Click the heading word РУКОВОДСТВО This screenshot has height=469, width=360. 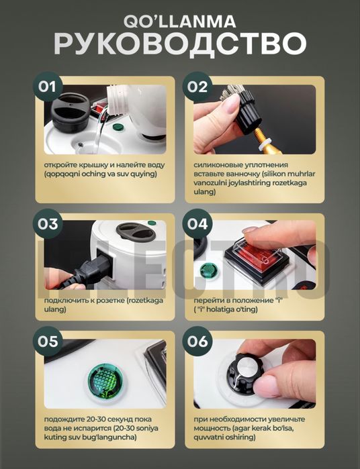coord(180,44)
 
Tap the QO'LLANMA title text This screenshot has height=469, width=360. coord(180,22)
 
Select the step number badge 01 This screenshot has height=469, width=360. coord(47,87)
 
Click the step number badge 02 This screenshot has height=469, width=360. coord(197,87)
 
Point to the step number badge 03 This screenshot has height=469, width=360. coord(48,223)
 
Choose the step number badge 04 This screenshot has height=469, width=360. coord(197,223)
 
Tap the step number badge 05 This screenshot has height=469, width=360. coord(48,342)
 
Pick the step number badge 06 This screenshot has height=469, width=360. coord(197,342)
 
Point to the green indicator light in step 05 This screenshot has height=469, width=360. coord(105,382)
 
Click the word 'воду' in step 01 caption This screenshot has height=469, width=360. coord(155,165)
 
